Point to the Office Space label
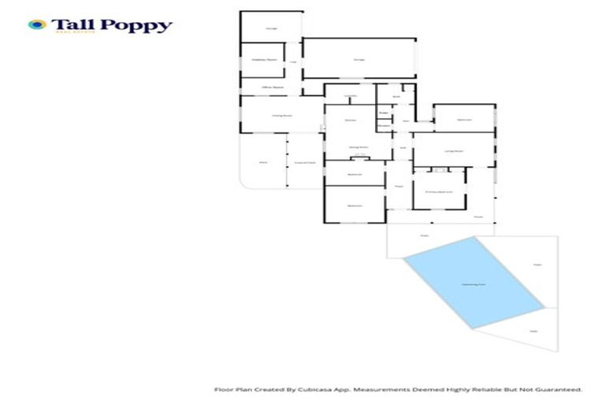(x=262, y=87)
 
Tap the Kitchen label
(x=351, y=119)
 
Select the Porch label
(x=477, y=217)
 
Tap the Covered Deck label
(x=305, y=162)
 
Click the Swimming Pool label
(x=473, y=283)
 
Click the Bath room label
(x=396, y=96)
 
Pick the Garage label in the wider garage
(x=359, y=59)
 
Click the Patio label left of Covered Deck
(x=263, y=162)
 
